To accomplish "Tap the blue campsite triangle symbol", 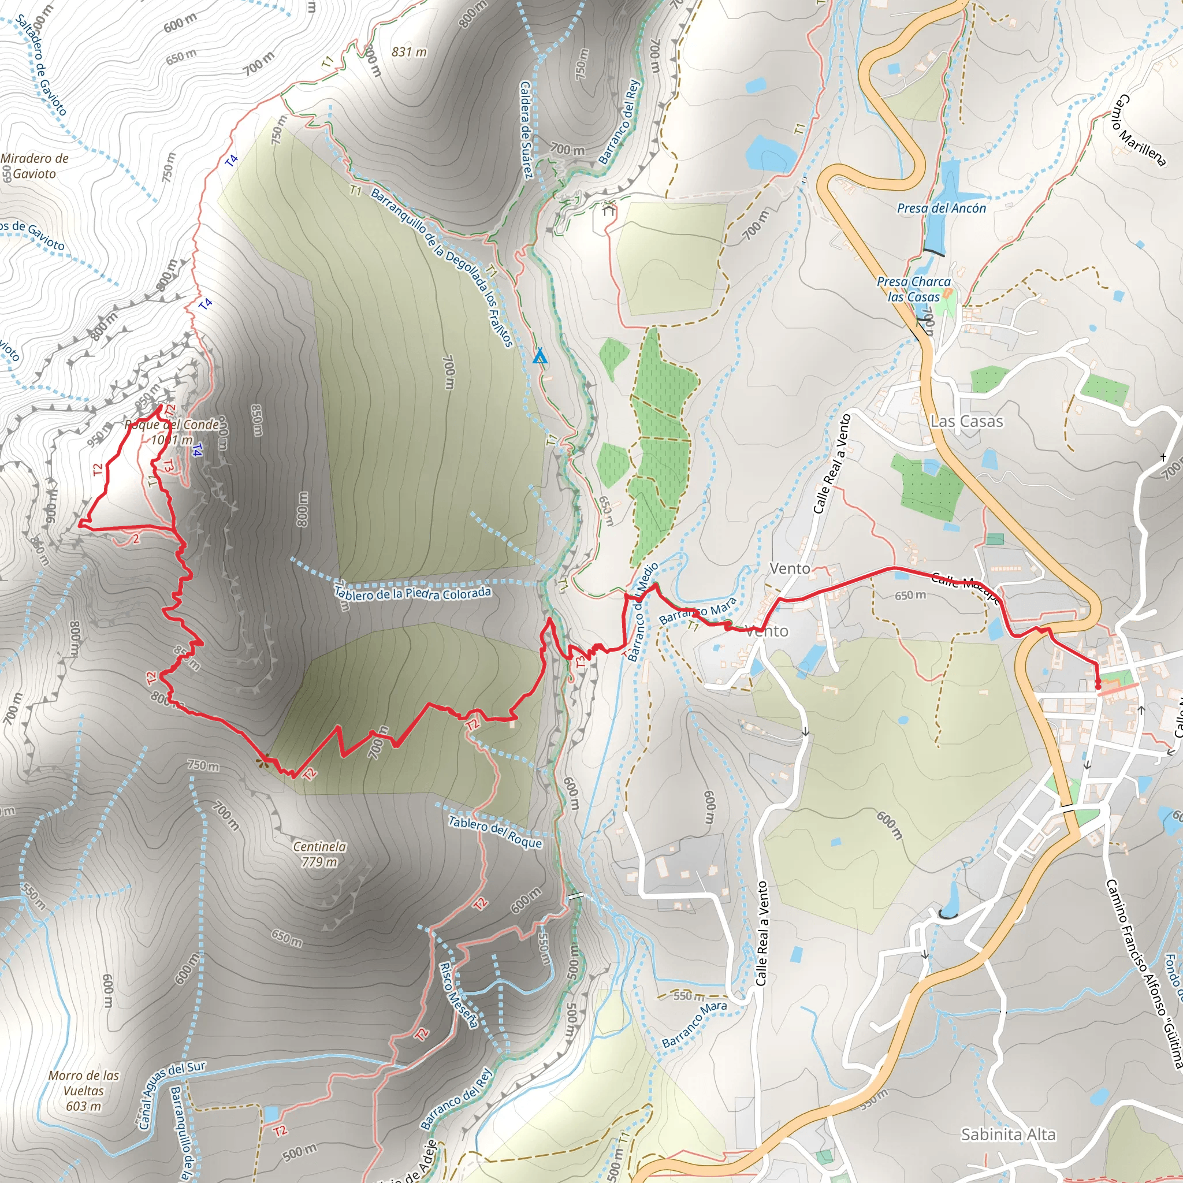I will (540, 356).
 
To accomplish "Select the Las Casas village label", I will (966, 421).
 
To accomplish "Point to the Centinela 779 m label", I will (319, 854).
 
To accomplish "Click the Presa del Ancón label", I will (941, 208).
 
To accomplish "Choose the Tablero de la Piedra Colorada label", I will (412, 593).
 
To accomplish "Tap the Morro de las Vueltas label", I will (83, 1091).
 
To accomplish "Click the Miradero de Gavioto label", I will (34, 166).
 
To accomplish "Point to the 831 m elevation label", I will (409, 52).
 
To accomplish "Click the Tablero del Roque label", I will (495, 832).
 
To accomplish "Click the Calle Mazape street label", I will (966, 588).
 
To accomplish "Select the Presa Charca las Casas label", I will (914, 289).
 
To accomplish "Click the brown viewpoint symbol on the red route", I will (263, 761).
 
